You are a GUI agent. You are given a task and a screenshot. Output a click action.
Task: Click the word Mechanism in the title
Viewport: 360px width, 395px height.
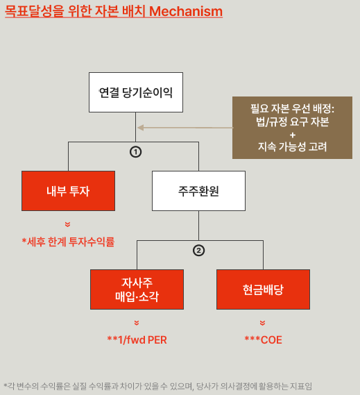[x=186, y=11]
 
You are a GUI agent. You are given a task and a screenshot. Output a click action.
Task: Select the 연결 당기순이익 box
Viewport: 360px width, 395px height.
[x=136, y=92]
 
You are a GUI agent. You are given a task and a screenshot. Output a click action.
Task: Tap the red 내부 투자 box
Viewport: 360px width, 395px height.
[x=68, y=191]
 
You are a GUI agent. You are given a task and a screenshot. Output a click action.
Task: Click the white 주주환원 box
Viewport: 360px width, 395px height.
[x=198, y=191]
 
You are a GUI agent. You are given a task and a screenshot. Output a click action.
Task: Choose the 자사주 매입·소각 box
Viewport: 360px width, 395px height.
[x=137, y=289]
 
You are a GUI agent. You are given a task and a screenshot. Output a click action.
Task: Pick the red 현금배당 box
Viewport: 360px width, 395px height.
[x=263, y=289]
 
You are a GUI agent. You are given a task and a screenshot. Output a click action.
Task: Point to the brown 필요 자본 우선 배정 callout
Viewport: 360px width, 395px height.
[x=292, y=128]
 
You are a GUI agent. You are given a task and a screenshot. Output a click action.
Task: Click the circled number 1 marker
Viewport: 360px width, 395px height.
[x=136, y=152]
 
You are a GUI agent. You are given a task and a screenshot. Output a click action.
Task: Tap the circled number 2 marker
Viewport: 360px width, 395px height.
[x=198, y=251]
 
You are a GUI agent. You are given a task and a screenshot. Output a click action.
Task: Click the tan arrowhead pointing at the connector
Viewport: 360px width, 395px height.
[x=141, y=128]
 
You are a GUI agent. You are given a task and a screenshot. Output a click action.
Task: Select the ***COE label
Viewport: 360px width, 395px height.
[x=263, y=340]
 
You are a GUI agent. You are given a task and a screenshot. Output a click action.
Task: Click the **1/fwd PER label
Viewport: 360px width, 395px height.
[x=137, y=340]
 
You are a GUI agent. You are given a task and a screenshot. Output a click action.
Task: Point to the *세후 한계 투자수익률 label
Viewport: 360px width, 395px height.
[x=68, y=242]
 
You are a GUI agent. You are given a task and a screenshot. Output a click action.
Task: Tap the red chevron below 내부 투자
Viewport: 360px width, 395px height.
[x=67, y=224]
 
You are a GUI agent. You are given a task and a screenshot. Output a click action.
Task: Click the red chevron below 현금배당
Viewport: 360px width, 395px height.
[x=262, y=323]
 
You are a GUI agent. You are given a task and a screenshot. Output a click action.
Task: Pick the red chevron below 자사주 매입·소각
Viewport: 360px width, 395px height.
[x=137, y=323]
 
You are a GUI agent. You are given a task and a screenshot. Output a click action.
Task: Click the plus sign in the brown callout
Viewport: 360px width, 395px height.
[x=293, y=135]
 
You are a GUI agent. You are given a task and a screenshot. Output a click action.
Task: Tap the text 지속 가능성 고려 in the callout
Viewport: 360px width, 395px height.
[x=292, y=146]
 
